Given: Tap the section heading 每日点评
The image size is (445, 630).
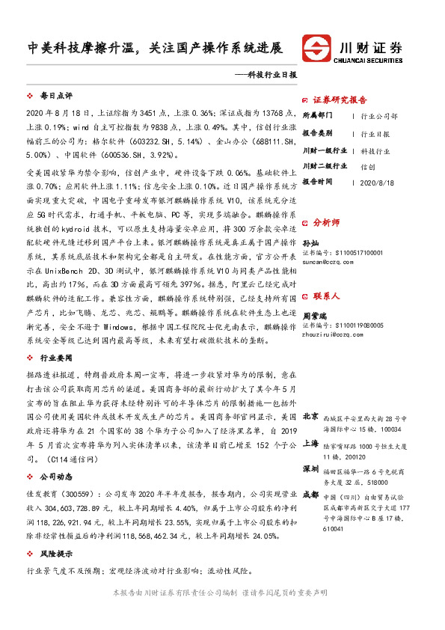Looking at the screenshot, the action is pos(56,97).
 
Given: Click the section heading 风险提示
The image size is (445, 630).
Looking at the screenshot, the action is pos(56,554).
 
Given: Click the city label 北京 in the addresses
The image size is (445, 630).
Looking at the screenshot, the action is pos(310,416).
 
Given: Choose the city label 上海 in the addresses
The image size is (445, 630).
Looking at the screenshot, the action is pos(310,443).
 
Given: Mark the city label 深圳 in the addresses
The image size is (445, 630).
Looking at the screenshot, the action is pos(310,469).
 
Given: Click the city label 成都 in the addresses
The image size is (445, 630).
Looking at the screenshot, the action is pos(310,495).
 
